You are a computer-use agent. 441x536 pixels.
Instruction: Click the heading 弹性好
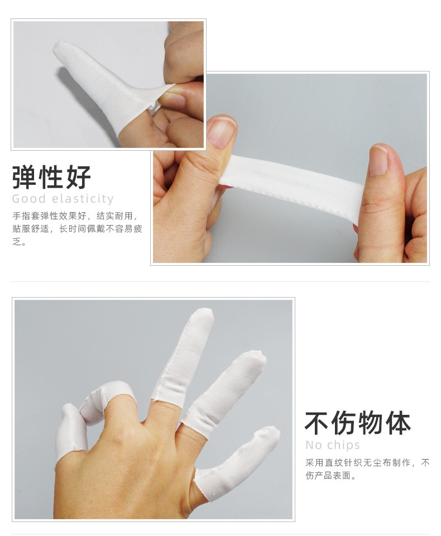51,177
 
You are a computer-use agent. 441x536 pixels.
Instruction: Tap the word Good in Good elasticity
28,199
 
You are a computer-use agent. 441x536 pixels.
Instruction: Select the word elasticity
83,199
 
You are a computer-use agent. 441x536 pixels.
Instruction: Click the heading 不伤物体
357,423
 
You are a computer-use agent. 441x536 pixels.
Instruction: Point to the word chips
344,445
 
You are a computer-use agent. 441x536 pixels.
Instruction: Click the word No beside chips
314,445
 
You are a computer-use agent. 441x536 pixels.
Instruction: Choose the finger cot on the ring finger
224,393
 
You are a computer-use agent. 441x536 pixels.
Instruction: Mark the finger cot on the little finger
236,465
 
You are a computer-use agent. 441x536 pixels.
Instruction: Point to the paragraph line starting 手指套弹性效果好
76,216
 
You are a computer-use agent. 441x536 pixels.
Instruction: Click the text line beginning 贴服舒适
77,229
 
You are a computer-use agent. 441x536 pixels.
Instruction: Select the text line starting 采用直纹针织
367,463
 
